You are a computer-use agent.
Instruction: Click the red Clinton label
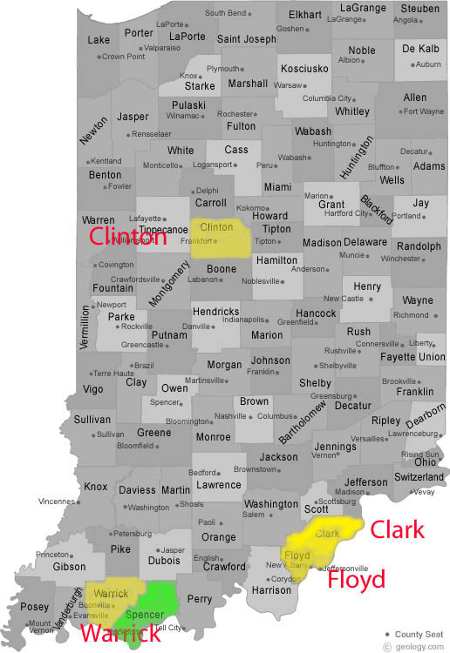click(127, 237)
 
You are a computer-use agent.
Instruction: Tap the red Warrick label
click(120, 633)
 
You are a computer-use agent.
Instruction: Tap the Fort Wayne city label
click(425, 111)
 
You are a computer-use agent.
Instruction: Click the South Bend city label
click(226, 13)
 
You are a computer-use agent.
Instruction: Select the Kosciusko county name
click(304, 69)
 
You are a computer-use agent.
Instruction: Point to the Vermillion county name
click(85, 326)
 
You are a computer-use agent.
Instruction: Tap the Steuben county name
click(420, 9)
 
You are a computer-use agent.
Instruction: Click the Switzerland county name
click(419, 477)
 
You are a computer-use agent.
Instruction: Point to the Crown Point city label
click(124, 57)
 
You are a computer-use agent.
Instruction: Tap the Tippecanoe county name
click(165, 230)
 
